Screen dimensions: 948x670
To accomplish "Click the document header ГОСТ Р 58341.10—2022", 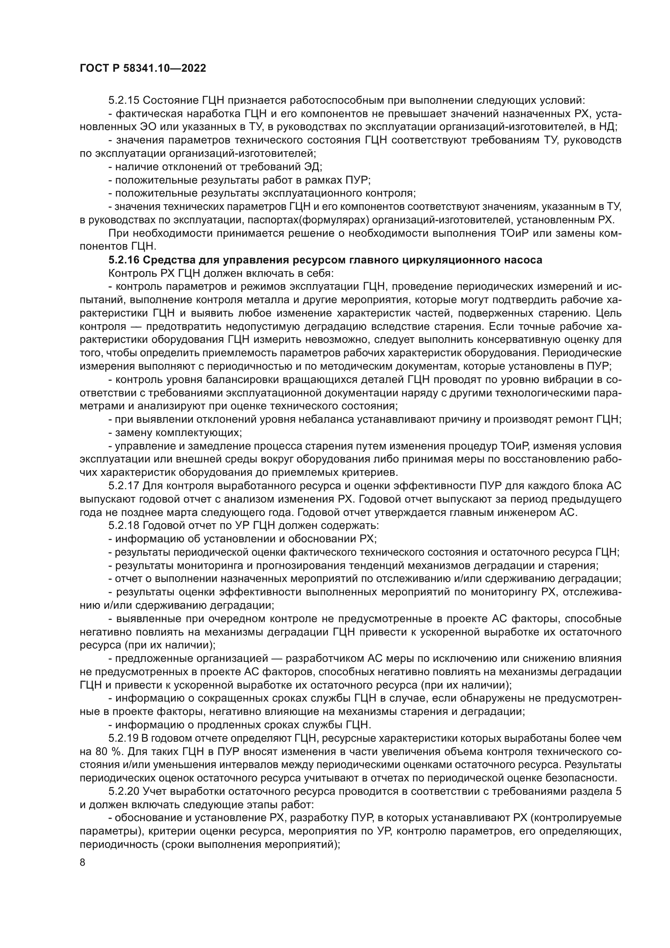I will (x=143, y=68).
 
